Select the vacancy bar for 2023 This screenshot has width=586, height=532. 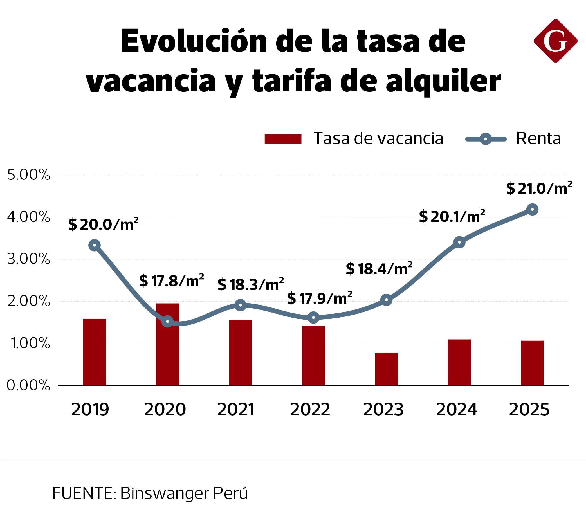click(x=386, y=369)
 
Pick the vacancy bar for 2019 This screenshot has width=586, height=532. click(x=95, y=352)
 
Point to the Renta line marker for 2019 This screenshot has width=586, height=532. click(x=95, y=245)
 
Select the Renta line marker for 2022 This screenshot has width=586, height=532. click(x=313, y=318)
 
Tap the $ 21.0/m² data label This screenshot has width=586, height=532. click(x=539, y=188)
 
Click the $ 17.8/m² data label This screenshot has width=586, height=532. click(x=172, y=281)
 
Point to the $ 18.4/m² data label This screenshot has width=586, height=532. click(x=379, y=269)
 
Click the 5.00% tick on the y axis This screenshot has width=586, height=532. click(x=28, y=175)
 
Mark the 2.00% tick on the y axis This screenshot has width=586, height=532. click(x=28, y=301)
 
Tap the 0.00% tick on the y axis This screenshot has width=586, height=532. click(x=28, y=385)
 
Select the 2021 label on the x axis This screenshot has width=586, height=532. click(x=236, y=409)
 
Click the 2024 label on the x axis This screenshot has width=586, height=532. click(x=456, y=409)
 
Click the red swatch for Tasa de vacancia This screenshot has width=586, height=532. click(x=283, y=139)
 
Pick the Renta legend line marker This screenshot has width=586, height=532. click(x=486, y=139)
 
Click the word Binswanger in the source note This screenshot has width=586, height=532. click(x=164, y=493)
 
